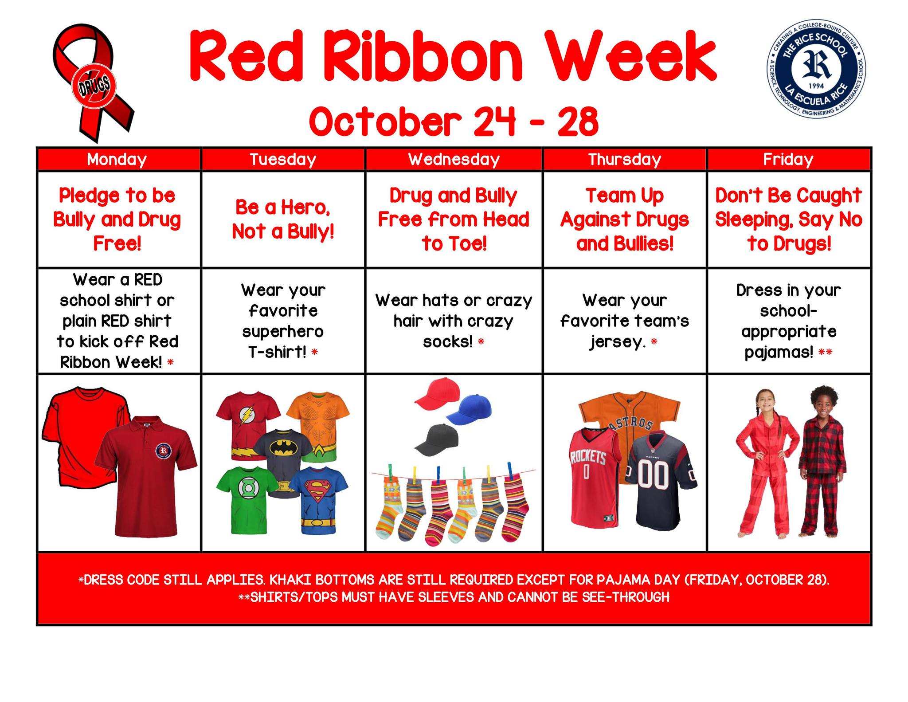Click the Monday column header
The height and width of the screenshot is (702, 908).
point(117,159)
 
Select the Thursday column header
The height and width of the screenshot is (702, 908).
point(624,159)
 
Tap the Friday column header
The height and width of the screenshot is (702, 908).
point(788,159)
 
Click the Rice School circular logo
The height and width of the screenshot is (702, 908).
point(816,69)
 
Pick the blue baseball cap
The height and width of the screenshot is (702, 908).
point(469,409)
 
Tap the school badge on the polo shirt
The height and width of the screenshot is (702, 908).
point(163,451)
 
